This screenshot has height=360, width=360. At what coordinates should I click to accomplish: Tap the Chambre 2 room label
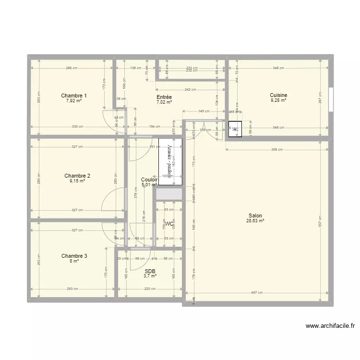click(x=77, y=176)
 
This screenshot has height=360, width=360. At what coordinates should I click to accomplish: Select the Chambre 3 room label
click(x=74, y=256)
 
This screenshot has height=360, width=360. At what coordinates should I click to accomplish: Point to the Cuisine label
click(x=278, y=95)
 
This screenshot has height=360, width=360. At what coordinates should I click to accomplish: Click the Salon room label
click(x=255, y=215)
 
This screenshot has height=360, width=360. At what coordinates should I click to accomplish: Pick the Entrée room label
click(x=164, y=97)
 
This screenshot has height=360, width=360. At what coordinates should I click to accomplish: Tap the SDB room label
click(x=150, y=271)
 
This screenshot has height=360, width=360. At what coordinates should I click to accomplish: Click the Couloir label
click(x=149, y=180)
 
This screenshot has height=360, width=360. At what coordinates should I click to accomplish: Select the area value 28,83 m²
click(x=255, y=220)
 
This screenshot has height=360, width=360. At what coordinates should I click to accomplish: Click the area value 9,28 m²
click(x=278, y=100)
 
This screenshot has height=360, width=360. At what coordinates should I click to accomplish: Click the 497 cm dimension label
click(x=256, y=292)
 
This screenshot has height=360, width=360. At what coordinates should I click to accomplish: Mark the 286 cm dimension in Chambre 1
click(x=72, y=68)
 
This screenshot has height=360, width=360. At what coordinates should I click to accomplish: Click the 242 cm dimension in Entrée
click(x=190, y=90)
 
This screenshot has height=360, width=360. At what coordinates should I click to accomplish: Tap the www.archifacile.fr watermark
click(x=331, y=325)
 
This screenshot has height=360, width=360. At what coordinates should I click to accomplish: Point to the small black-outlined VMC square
click(x=235, y=129)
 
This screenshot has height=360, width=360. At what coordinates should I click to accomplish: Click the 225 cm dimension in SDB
click(x=150, y=289)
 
